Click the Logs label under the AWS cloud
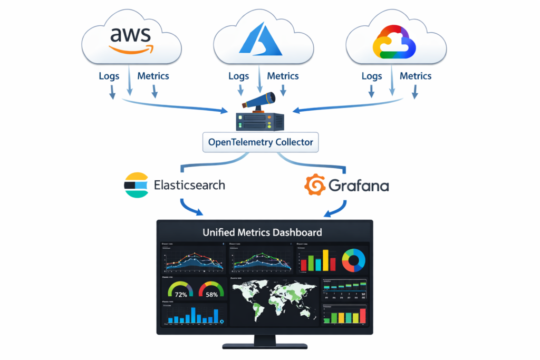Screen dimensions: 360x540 coord(109,76)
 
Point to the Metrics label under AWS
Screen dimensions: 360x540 coord(153,76)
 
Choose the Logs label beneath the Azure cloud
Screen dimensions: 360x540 coord(238,76)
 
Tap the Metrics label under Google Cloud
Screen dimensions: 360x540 coord(416,76)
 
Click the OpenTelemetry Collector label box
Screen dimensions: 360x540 coord(261,142)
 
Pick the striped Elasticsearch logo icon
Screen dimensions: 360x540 coord(136,185)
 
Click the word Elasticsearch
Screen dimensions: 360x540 coord(189,185)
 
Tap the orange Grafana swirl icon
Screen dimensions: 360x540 coord(315,185)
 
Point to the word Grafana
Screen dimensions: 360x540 coord(359,186)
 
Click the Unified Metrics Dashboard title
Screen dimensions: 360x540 coord(263,232)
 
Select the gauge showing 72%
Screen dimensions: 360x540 coord(180,290)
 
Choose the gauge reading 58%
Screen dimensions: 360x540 coord(211,290)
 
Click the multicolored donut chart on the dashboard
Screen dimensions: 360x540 coord(353,260)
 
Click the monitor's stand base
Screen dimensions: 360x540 coord(265,346)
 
